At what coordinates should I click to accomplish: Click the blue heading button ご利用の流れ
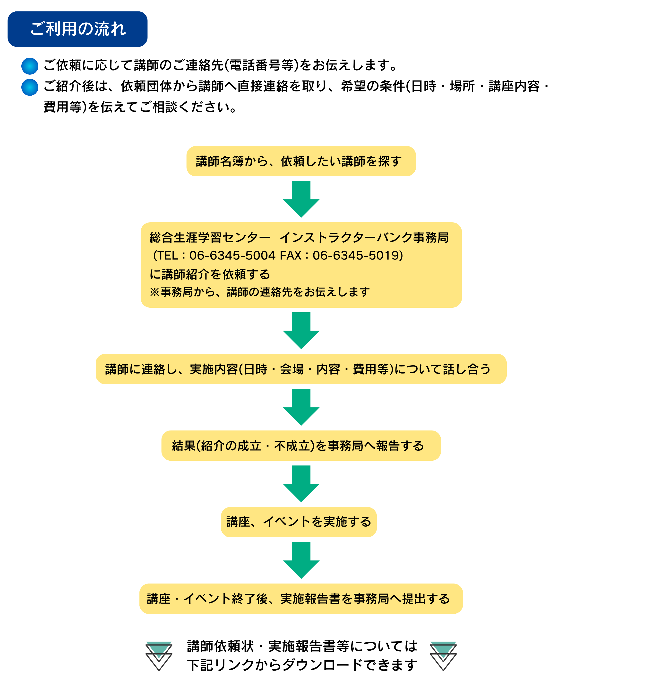pos(77,29)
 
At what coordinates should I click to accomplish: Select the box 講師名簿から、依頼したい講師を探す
pos(301,161)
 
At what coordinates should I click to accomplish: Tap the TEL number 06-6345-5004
pos(232,255)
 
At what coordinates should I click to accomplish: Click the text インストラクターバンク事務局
pos(364,237)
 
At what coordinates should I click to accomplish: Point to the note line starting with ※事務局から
pos(259,292)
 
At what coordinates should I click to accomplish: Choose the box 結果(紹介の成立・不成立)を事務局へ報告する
pos(301,445)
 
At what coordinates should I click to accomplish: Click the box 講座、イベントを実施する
pos(299,522)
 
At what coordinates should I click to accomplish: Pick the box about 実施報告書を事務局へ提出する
pos(301,599)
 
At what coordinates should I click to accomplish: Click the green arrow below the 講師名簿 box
pos(301,199)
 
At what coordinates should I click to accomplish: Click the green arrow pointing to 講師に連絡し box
pos(301,331)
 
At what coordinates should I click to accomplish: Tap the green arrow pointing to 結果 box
pos(301,407)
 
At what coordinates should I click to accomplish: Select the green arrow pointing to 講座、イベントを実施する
pos(301,484)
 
